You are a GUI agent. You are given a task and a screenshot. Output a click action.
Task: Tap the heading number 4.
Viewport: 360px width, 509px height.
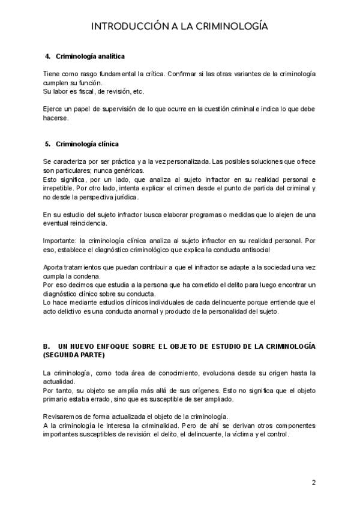point(47,56)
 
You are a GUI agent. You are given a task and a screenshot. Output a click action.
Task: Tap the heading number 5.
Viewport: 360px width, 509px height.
point(47,144)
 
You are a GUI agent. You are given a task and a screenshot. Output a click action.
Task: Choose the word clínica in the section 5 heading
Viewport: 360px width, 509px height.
point(106,144)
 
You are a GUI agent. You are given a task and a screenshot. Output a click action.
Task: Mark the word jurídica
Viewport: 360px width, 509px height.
point(124,196)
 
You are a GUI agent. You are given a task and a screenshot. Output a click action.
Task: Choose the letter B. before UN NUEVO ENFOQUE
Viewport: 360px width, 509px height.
point(46,346)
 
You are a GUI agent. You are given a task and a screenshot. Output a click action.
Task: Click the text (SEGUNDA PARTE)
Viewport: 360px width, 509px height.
point(69,355)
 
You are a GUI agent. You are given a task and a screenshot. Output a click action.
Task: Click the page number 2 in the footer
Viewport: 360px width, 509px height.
point(313,482)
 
